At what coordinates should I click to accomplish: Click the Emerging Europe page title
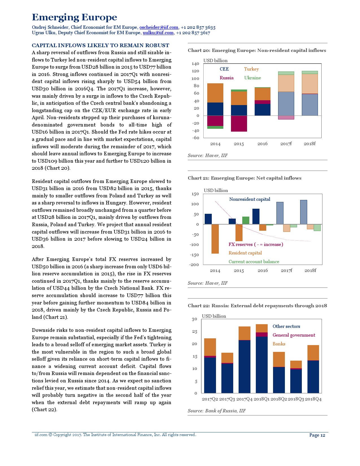coord(75,18)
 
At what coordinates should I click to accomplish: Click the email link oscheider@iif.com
coord(159,27)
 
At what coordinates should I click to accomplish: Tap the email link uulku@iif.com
coord(158,33)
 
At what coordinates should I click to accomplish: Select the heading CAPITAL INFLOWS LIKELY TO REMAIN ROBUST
coord(101,45)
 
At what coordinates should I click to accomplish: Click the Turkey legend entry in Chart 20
coord(251,69)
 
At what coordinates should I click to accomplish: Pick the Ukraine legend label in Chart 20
coord(252,78)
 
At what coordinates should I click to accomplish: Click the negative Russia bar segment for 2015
coord(239,123)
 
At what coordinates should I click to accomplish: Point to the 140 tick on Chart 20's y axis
coord(195,64)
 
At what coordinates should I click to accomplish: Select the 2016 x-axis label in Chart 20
coord(262,144)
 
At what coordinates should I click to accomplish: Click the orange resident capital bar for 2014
coord(215,239)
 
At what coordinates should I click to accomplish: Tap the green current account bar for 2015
coord(246,220)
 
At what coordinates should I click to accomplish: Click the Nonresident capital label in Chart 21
coord(250,199)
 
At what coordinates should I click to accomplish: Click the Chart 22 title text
coord(257,306)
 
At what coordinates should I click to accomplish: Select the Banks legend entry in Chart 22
coord(279,344)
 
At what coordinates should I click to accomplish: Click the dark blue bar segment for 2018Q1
coord(262,364)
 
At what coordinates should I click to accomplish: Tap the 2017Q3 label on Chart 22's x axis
coord(227,399)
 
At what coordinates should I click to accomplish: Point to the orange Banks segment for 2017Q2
coord(210,347)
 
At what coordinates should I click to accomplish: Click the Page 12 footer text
coord(317,435)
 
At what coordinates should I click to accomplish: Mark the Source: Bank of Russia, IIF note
coord(217,411)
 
